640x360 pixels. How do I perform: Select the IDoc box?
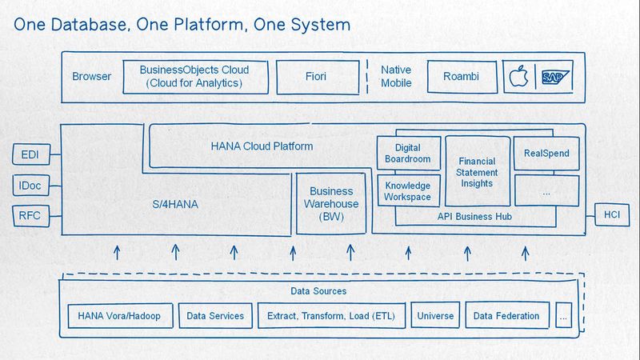click(30, 186)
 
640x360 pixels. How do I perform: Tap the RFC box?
click(30, 214)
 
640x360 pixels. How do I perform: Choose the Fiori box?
click(315, 78)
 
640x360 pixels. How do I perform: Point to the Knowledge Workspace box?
click(407, 191)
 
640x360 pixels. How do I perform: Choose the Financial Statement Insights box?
click(477, 172)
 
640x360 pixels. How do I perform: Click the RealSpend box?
click(546, 153)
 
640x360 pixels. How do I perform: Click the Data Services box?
click(215, 316)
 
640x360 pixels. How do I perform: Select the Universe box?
click(435, 316)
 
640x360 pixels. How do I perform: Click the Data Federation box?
click(507, 316)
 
